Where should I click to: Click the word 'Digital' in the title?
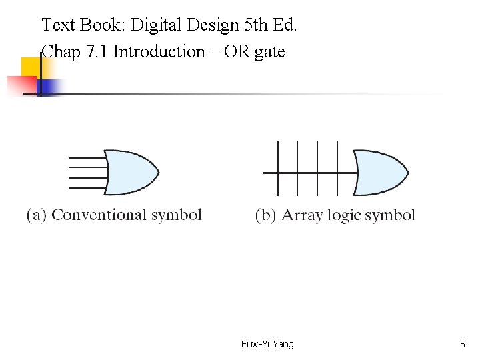click(x=153, y=25)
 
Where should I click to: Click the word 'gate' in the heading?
click(x=269, y=51)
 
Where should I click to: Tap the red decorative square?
click(x=19, y=85)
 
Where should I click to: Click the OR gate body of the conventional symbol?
click(x=130, y=172)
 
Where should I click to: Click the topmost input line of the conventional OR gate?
click(x=87, y=157)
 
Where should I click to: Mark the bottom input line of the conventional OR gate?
click(x=87, y=178)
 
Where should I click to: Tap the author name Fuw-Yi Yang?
click(x=267, y=344)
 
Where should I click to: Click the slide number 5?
click(x=463, y=344)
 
